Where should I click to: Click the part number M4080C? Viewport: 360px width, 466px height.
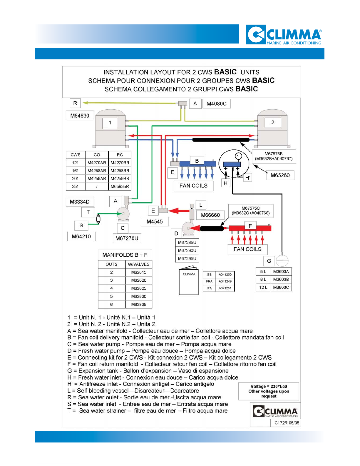[x=217, y=103]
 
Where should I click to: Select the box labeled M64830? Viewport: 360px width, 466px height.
[x=80, y=116]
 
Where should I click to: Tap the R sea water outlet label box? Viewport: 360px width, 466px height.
[x=75, y=103]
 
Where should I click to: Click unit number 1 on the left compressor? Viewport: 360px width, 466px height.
[x=110, y=123]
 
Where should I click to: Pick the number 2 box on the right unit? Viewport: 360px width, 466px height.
[x=272, y=122]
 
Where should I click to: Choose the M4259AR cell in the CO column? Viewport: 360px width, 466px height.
[x=97, y=178]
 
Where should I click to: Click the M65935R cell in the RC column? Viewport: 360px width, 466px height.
[x=120, y=186]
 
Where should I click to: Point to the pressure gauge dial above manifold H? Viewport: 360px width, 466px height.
[x=238, y=156]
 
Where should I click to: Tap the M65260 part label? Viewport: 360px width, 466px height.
[x=280, y=175]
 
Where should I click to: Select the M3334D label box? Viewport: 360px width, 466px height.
[x=80, y=202]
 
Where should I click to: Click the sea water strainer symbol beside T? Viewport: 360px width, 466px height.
[x=98, y=219]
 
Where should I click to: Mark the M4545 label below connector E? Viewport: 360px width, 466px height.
[x=155, y=222]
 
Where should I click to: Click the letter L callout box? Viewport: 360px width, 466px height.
[x=201, y=205]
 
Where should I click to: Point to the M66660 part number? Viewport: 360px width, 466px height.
[x=210, y=215]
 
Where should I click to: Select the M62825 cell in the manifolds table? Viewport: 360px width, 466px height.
[x=139, y=288]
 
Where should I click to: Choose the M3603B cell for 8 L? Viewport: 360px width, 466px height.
[x=281, y=279]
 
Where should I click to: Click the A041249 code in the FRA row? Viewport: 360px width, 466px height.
[x=225, y=281]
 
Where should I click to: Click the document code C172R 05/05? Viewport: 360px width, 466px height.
[x=287, y=423]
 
